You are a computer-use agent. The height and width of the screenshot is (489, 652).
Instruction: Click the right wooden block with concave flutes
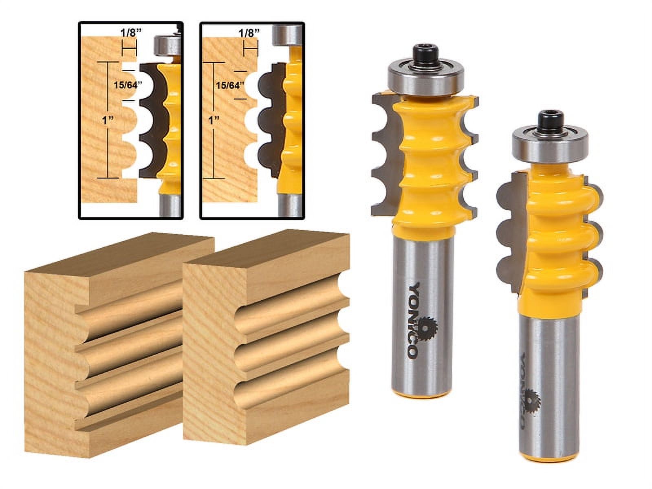coord(265,322)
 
